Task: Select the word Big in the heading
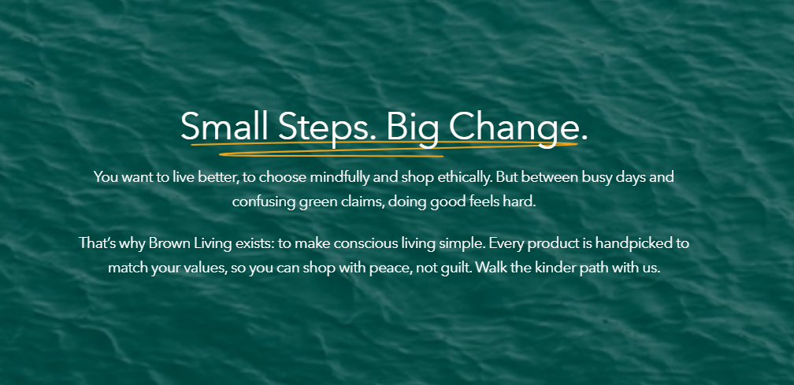coord(411,128)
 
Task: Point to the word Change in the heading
coord(514,127)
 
